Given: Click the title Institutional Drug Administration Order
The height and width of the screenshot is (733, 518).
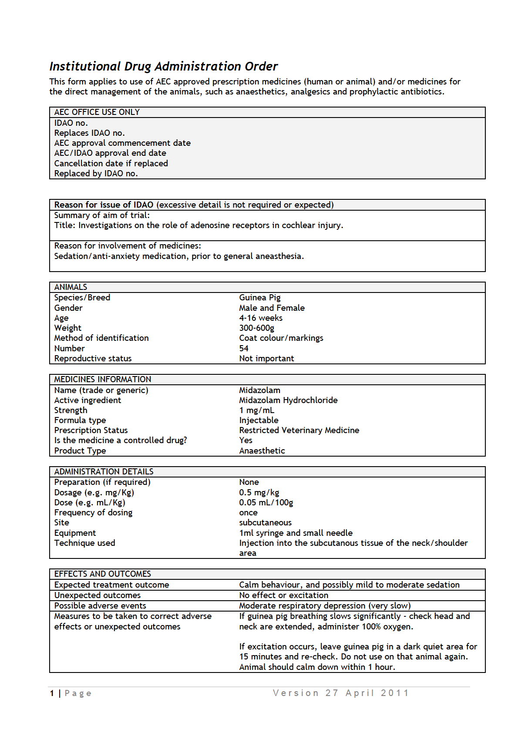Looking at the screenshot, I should click(x=163, y=66).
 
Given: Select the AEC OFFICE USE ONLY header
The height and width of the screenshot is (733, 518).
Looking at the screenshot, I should click(x=97, y=112).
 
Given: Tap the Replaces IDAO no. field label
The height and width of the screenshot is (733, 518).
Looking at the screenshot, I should click(x=89, y=133).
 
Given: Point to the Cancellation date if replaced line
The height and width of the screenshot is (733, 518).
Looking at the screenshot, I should click(x=111, y=163).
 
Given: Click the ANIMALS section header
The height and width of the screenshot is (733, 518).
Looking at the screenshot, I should click(x=71, y=287).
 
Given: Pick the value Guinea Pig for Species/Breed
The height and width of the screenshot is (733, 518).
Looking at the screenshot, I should click(x=260, y=297).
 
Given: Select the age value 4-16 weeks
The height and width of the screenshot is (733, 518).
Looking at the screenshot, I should click(x=261, y=318).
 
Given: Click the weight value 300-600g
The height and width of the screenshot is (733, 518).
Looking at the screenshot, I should click(x=257, y=328).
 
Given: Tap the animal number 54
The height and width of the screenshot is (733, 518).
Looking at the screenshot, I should click(x=244, y=348).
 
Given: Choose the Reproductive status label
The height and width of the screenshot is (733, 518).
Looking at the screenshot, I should click(x=93, y=358).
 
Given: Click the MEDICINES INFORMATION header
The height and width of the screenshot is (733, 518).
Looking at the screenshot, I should click(x=103, y=379).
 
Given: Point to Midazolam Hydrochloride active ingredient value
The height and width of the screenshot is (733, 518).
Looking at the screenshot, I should click(x=288, y=400).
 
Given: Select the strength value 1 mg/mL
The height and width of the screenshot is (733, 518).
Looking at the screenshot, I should click(x=257, y=410).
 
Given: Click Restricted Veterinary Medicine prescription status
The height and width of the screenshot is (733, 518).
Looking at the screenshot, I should click(x=299, y=430).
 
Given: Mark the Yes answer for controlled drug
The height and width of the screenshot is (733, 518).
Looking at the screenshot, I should click(x=246, y=440).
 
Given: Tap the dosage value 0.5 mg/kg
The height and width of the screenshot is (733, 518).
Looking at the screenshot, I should click(x=259, y=492).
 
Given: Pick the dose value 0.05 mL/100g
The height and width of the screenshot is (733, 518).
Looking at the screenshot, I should click(x=266, y=502).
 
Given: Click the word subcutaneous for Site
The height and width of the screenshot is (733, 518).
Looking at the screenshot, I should click(x=265, y=522).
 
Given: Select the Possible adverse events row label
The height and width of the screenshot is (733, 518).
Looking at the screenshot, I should click(x=100, y=605).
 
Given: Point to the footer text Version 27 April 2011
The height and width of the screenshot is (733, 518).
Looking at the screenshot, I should click(x=341, y=693).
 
